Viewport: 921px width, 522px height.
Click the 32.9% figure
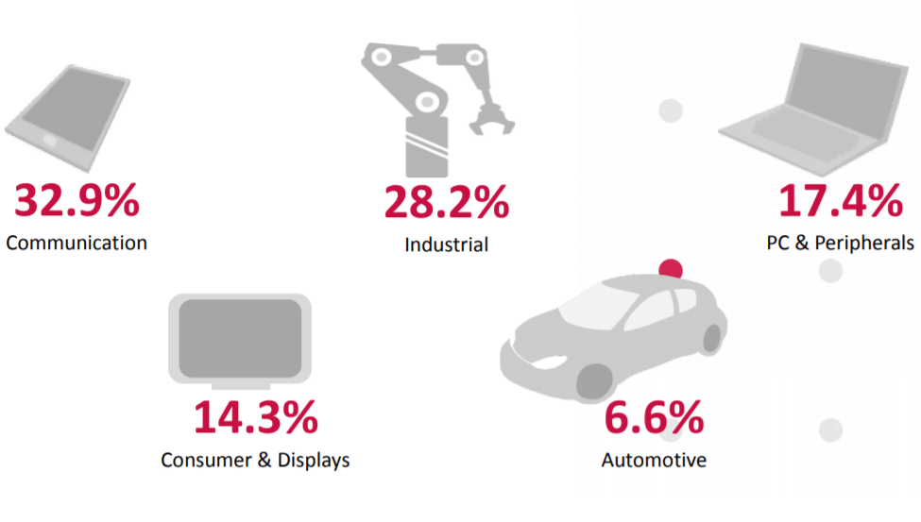click(x=77, y=201)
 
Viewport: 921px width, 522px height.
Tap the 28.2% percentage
click(x=446, y=203)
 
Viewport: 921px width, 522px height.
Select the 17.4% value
click(x=840, y=201)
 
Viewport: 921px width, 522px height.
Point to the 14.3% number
click(x=255, y=418)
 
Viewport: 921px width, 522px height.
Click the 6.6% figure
click(x=653, y=418)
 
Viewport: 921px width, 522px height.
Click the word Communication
click(x=77, y=243)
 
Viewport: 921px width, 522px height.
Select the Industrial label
click(x=446, y=244)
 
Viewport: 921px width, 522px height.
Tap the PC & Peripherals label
click(x=840, y=243)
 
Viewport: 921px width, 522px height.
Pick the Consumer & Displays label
click(x=255, y=460)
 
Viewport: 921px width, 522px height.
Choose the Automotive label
click(x=653, y=461)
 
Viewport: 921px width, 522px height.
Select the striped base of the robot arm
click(x=427, y=147)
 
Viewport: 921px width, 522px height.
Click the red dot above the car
click(x=671, y=270)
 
